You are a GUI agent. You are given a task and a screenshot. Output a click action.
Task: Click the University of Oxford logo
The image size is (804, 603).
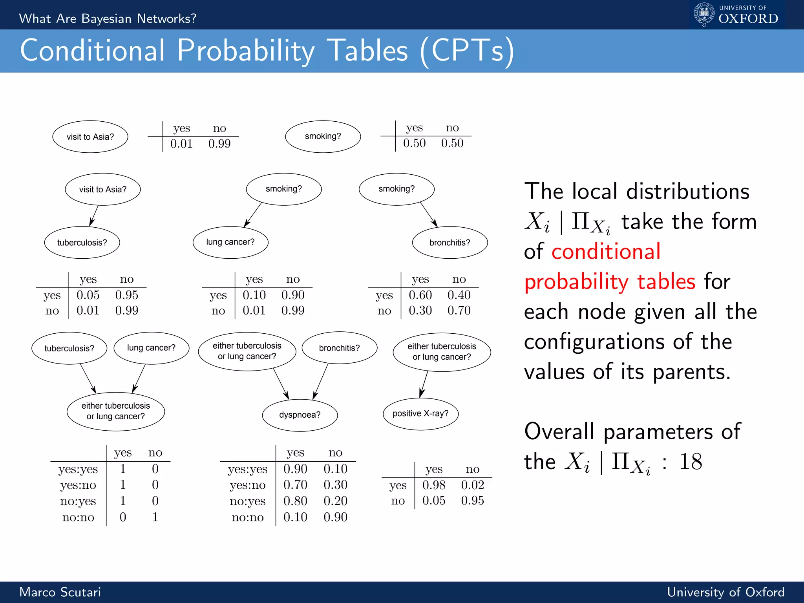click(x=736, y=15)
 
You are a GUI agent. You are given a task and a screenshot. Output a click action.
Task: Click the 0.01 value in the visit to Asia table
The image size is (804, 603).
click(x=181, y=144)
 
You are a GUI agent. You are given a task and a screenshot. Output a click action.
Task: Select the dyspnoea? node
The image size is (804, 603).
click(x=300, y=415)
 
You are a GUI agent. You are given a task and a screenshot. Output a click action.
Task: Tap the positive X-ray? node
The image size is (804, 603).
click(x=420, y=414)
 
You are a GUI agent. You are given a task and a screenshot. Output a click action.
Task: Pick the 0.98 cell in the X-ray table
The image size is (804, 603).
click(x=434, y=485)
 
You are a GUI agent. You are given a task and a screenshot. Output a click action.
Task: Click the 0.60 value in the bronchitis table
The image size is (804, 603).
click(x=420, y=295)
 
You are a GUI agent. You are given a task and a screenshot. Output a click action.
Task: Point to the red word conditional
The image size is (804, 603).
click(x=606, y=252)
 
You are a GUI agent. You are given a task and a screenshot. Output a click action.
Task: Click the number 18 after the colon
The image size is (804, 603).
click(x=691, y=462)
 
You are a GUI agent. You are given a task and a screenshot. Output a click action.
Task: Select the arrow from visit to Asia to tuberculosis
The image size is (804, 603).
click(x=94, y=216)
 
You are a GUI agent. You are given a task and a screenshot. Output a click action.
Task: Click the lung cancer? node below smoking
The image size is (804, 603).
click(x=230, y=242)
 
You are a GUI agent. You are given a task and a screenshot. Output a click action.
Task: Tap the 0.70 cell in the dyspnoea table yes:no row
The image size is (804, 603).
click(x=295, y=485)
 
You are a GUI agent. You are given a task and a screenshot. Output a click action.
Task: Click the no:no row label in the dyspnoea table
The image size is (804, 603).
click(x=248, y=517)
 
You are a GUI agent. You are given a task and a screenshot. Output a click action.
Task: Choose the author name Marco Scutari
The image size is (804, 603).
click(x=60, y=592)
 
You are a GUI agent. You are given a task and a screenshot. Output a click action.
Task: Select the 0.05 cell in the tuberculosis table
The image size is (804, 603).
click(x=88, y=295)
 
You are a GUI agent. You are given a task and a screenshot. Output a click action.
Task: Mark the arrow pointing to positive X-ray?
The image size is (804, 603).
click(x=424, y=384)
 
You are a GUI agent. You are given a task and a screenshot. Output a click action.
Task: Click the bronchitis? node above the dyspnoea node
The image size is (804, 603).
click(x=339, y=348)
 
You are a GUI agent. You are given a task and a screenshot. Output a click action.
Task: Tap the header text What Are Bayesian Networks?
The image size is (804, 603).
click(x=108, y=18)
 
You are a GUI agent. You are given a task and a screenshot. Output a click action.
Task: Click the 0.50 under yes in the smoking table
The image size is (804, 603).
click(x=414, y=143)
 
